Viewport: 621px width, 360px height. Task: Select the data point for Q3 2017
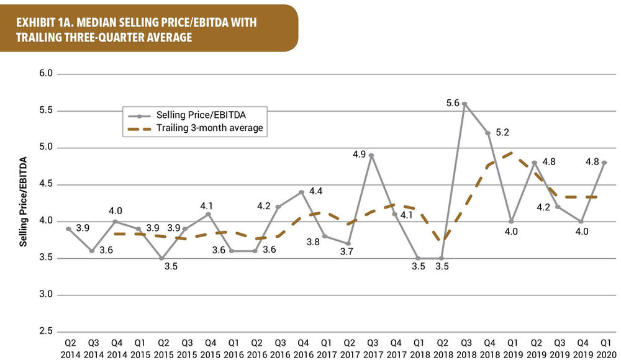[371, 155]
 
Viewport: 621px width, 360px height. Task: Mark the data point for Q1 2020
[604, 162]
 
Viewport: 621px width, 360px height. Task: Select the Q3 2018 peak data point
[464, 104]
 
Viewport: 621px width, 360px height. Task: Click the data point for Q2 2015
[161, 258]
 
